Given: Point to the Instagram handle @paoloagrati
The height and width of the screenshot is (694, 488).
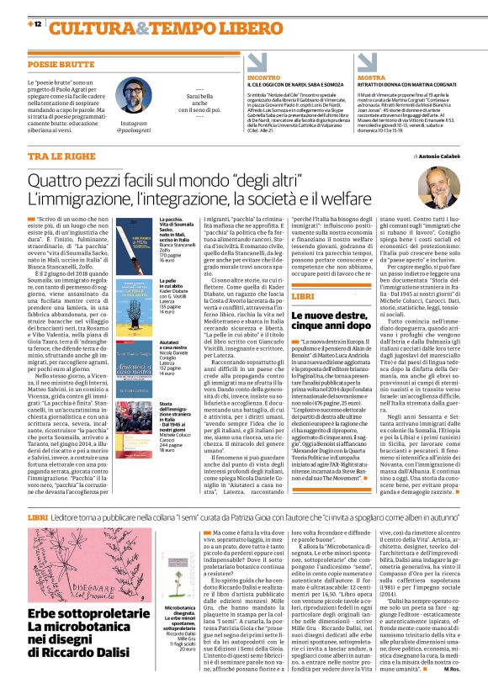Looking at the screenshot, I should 131,131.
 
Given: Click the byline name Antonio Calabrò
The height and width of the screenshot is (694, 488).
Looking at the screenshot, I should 438,157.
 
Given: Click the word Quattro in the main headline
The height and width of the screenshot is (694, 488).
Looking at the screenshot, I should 60,183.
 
